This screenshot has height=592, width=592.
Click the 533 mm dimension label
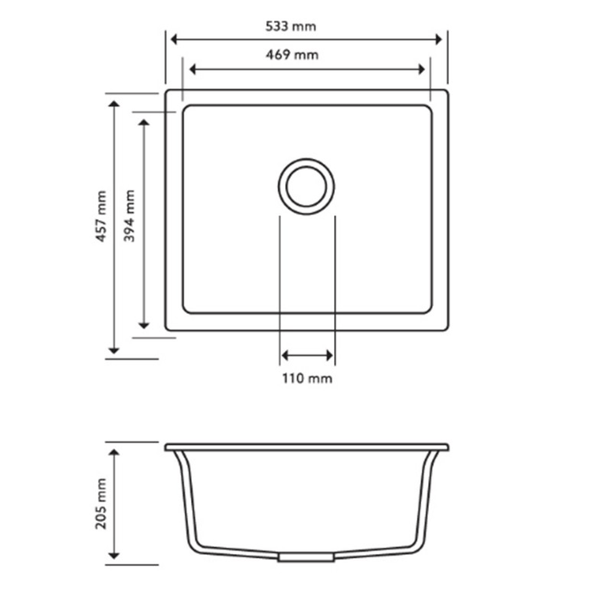click(x=291, y=26)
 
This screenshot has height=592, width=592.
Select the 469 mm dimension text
click(x=293, y=55)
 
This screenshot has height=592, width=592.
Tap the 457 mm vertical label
click(x=101, y=217)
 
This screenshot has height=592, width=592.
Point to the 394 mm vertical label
click(x=129, y=216)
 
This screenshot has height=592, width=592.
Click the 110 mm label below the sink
click(x=307, y=378)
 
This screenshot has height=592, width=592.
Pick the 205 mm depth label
click(x=101, y=504)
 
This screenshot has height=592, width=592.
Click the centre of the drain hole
click(x=306, y=187)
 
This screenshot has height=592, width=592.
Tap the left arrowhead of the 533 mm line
click(x=174, y=39)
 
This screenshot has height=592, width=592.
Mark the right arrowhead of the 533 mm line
click(x=438, y=39)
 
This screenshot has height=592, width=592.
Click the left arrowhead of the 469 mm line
click(x=193, y=69)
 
